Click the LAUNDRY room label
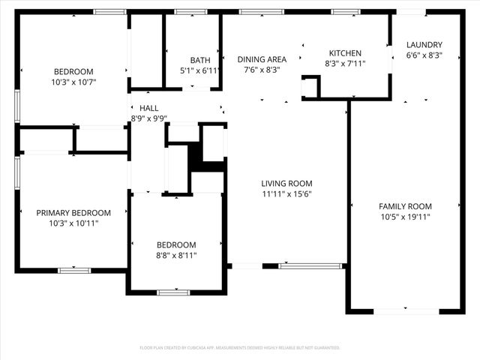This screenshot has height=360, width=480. pos(424,44)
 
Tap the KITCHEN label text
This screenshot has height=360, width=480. pos(345,53)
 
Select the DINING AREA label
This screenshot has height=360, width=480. pos(262,59)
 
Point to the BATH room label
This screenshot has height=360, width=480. pos(200,60)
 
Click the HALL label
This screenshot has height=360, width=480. pos(148,109)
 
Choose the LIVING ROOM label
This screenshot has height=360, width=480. pos(286,183)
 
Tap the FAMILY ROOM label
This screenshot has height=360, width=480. pos(405,206)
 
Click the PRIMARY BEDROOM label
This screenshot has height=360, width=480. pos(73,213)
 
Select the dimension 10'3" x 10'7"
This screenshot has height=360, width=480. pos(73,82)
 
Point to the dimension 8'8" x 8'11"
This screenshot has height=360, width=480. pos(176,255)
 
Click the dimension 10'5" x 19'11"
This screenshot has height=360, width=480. pos(405,217)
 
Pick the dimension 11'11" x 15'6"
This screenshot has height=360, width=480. pos(286,193)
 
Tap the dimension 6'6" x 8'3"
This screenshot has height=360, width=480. pos(424,55)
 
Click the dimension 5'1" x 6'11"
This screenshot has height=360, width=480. pos(200,70)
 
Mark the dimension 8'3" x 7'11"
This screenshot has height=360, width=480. pos(345,64)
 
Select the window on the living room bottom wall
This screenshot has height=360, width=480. pos(311,265)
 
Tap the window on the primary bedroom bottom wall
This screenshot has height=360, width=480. pos(73,270)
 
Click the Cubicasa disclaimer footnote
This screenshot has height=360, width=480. pos(240,348)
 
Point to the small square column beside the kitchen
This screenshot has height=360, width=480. pos(310,88)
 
